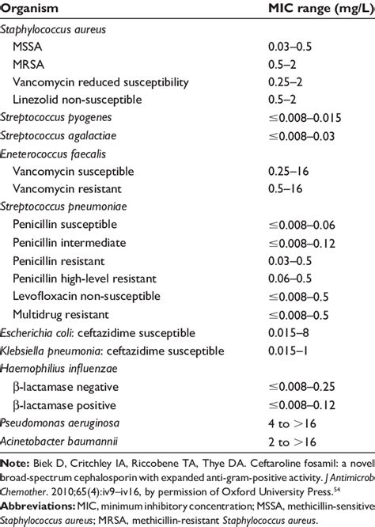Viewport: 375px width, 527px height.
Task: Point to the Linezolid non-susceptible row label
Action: tap(76, 99)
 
